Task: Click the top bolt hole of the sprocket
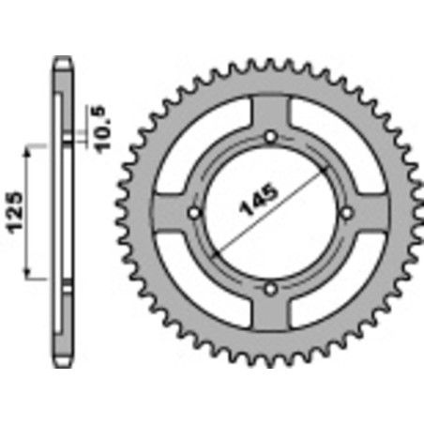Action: tap(270, 137)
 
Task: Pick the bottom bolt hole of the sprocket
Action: tap(270, 288)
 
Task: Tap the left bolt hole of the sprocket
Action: tap(195, 212)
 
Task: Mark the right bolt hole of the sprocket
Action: tap(346, 212)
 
